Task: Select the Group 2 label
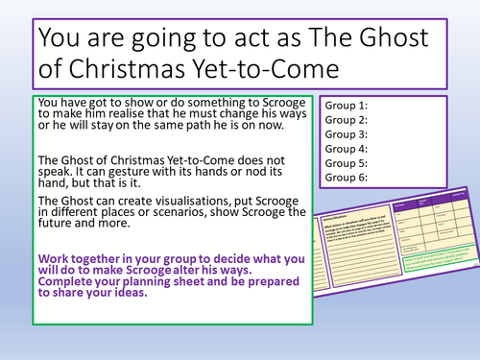tap(348, 121)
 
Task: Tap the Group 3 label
tap(348, 135)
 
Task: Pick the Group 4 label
tap(348, 149)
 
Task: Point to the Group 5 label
tap(348, 163)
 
